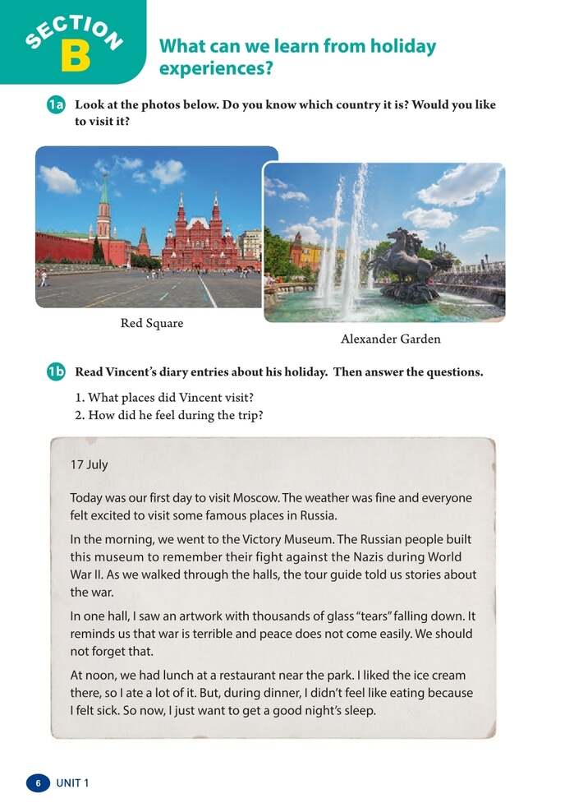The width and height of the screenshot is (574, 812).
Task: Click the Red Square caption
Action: pos(152,324)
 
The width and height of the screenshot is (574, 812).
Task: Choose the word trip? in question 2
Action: pos(248,415)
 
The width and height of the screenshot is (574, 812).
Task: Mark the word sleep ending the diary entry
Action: pos(357,711)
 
